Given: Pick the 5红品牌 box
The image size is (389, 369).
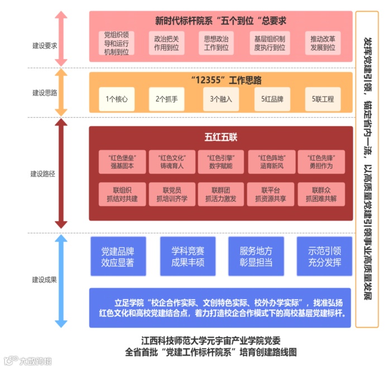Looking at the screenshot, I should (272, 99).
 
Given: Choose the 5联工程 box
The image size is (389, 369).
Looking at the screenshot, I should (323, 99).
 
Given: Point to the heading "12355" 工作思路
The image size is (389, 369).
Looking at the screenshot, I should (220, 80).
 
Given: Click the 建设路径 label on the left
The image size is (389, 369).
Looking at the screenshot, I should (42, 174).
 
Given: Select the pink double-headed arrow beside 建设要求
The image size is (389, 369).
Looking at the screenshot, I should (62, 38).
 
